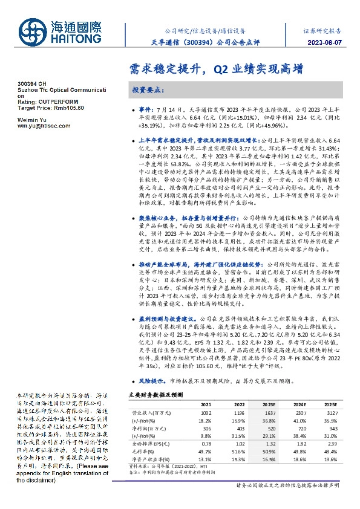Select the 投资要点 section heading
pos(148,89)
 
